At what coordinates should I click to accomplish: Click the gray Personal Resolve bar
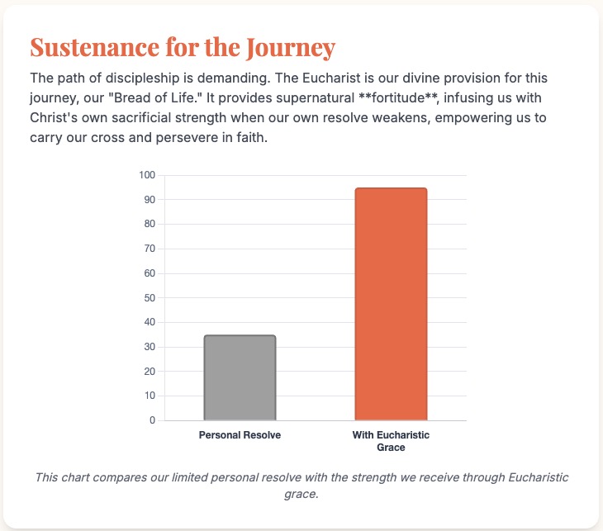tap(240, 377)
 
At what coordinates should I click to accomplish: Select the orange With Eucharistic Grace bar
tap(391, 304)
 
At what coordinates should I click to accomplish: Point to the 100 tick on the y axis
tap(147, 175)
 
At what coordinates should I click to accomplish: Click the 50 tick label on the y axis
tap(149, 297)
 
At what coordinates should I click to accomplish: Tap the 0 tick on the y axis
tap(152, 420)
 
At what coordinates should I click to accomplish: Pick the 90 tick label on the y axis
tap(149, 200)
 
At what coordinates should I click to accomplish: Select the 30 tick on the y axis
tap(149, 347)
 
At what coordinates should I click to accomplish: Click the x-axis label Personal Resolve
tap(240, 435)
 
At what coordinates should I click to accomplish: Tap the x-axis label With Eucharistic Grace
tap(391, 441)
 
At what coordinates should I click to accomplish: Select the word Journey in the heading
tap(292, 46)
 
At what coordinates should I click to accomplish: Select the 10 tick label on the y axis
tap(149, 396)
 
